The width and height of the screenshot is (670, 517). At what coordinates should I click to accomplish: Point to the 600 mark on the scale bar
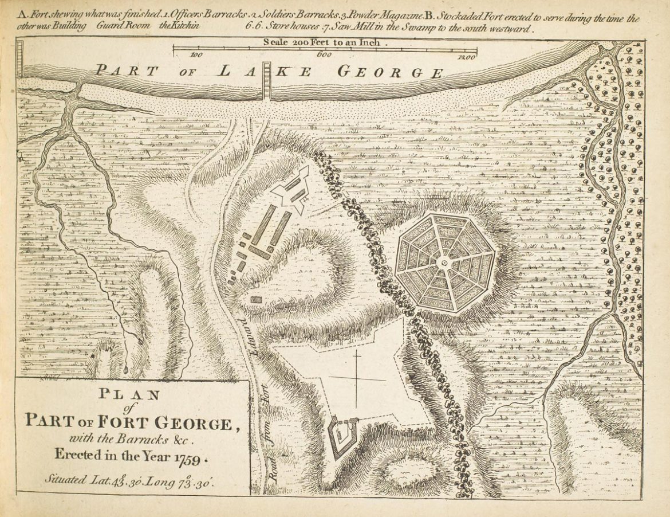(x=325, y=56)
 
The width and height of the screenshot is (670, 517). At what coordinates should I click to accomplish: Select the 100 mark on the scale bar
(x=196, y=56)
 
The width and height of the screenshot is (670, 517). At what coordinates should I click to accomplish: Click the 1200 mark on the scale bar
(x=467, y=57)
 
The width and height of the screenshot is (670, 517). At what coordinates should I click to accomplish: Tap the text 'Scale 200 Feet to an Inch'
(x=325, y=42)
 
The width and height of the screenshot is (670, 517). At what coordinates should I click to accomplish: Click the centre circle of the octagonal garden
(x=444, y=262)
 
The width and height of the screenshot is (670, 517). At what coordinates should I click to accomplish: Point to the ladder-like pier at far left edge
(x=19, y=59)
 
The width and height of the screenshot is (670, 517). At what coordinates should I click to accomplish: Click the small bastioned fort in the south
(x=342, y=434)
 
